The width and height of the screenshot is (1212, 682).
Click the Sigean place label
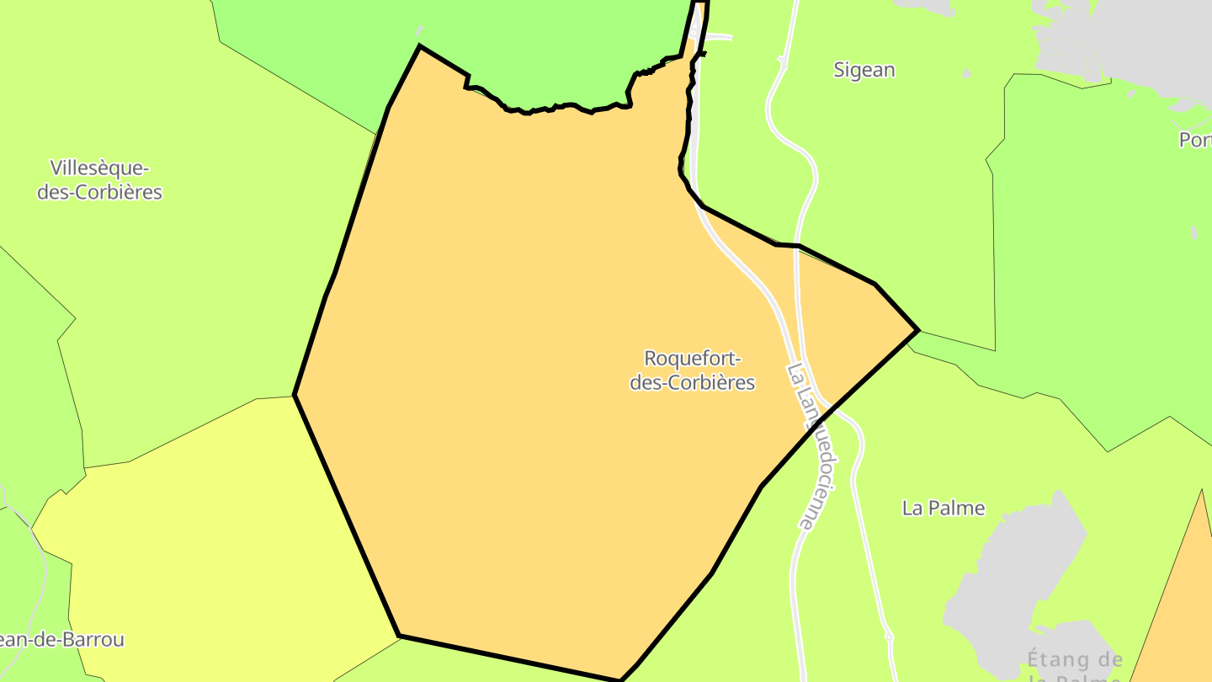coord(864,70)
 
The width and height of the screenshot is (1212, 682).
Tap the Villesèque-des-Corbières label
coord(99,179)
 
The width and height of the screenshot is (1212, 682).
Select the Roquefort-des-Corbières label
coord(692,370)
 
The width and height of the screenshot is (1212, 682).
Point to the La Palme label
coord(943,508)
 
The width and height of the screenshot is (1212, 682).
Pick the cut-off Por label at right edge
coord(1195,140)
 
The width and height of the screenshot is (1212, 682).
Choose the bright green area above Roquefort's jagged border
coord(547,51)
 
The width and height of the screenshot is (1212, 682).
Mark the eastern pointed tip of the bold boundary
coord(917,330)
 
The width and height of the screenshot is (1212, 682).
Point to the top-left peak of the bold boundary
coord(419,46)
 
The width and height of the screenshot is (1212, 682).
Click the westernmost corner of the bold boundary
coord(295,394)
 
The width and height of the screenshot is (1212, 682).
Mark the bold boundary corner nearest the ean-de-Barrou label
coord(399,636)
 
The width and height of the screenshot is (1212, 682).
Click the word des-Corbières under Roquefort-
coord(692,382)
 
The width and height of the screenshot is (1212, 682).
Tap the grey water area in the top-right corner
coord(1145,34)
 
